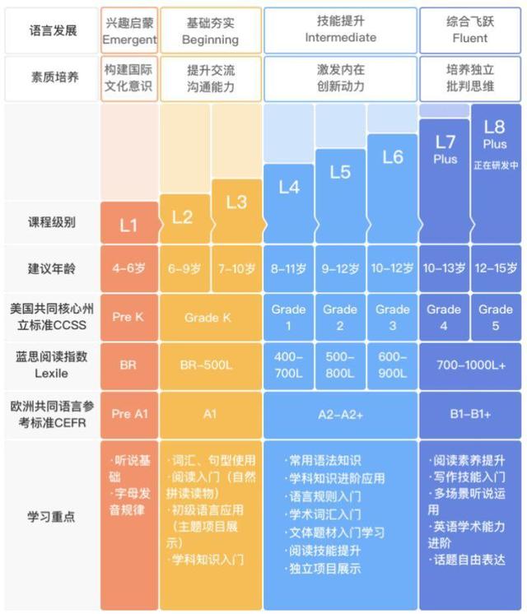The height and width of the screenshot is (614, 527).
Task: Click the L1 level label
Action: click(x=128, y=225)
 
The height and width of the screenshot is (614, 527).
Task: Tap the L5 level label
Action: click(x=340, y=172)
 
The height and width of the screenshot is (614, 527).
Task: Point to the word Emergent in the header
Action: click(x=129, y=39)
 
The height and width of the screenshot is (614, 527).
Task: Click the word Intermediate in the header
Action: click(x=340, y=38)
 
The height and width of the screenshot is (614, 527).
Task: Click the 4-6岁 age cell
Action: click(x=128, y=268)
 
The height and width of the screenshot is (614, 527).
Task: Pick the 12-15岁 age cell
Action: click(x=496, y=268)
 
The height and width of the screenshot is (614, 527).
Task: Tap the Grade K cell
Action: click(x=209, y=318)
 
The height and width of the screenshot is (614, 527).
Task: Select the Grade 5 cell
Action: click(x=496, y=318)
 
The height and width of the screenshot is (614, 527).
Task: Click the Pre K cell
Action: click(x=128, y=318)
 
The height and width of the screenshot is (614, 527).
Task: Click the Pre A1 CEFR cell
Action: click(x=128, y=414)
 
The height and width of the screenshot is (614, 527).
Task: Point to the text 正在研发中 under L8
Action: click(x=496, y=165)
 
